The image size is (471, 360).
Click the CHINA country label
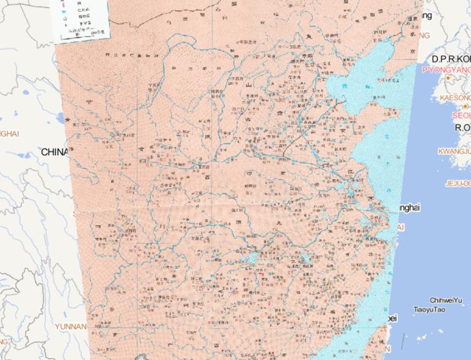(55, 151)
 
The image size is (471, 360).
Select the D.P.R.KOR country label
(450, 59)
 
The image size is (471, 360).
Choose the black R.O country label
(462, 128)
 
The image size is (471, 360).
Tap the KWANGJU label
(454, 151)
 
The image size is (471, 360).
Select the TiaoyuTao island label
(429, 309)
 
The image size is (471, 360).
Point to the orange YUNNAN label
(71, 326)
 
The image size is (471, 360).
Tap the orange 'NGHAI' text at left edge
(9, 133)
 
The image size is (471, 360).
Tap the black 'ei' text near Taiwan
(392, 318)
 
